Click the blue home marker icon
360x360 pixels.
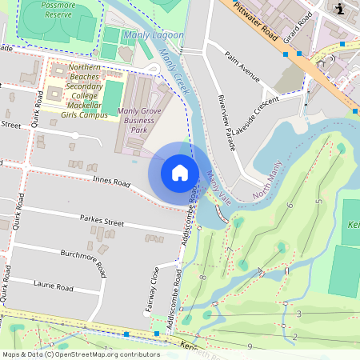point(180,173)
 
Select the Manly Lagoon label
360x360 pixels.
point(154,36)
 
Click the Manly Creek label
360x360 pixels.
point(174,70)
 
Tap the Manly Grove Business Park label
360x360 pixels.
point(134,120)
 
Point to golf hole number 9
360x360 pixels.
point(250,346)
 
